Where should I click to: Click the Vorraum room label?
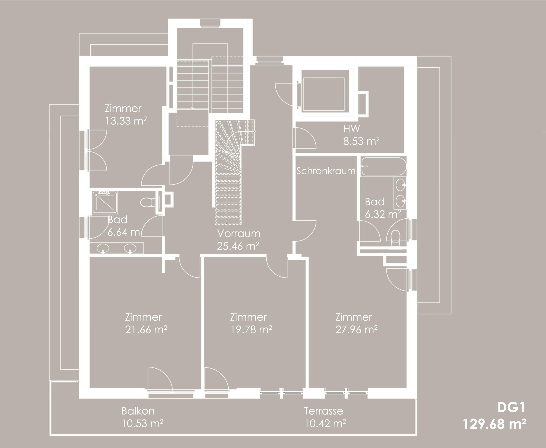(239, 234)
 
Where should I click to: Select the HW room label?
(352, 129)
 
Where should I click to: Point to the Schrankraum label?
(326, 171)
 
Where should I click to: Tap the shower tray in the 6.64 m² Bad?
(105, 202)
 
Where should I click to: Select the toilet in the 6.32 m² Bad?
(395, 238)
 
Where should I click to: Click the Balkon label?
(138, 411)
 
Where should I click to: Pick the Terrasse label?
(324, 411)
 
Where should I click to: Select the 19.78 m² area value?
(251, 329)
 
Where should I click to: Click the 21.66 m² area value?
(146, 329)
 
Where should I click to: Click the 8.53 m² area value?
(361, 141)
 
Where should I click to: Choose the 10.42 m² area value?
(325, 423)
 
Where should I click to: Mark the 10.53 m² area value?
(142, 423)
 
